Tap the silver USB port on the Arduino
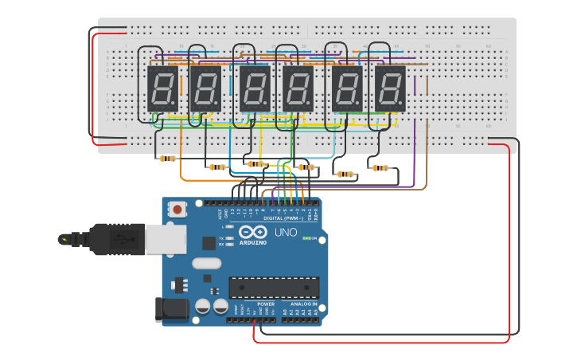pos(166,239)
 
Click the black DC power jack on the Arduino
pos(172,309)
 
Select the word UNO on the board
pos(286,233)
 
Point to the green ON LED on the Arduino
pos(306,238)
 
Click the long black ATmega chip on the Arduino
pos(274,288)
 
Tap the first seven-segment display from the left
pos(162,88)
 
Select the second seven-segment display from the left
pos(205,88)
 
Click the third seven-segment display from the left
pos(255,88)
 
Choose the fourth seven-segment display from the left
pos(298,88)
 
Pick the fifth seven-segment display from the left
pos(347,88)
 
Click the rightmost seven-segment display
pos(390,88)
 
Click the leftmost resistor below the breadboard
pos(167,159)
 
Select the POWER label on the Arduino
pos(266,304)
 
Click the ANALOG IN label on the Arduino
pos(303,304)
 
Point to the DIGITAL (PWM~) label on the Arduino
pos(280,218)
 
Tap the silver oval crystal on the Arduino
pos(206,264)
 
